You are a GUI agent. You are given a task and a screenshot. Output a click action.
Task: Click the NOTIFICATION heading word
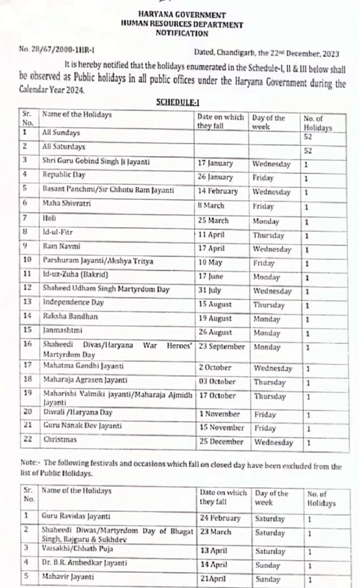click(x=182, y=34)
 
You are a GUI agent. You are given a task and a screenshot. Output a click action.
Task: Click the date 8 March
click(x=211, y=206)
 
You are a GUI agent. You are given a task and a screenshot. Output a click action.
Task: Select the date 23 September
click(x=221, y=346)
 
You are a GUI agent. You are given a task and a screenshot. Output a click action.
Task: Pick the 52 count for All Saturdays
click(x=308, y=151)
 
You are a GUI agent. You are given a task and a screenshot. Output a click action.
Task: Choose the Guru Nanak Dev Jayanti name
click(x=82, y=425)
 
